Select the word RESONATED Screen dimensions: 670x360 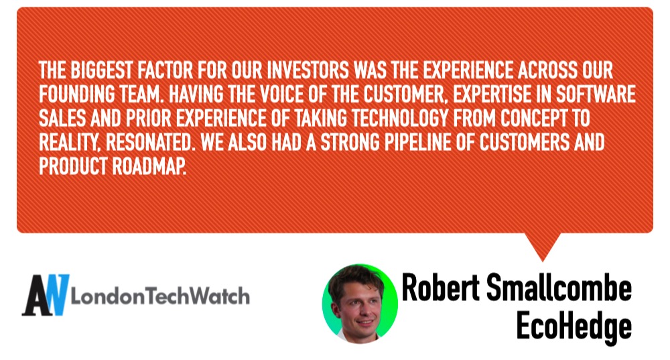[x=148, y=143]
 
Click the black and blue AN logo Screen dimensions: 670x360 [x=46, y=295]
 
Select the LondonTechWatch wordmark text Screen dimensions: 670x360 [x=160, y=296]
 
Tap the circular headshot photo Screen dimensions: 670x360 [x=360, y=303]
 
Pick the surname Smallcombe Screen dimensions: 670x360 [x=559, y=288]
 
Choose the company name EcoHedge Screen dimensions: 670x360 [x=574, y=326]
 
